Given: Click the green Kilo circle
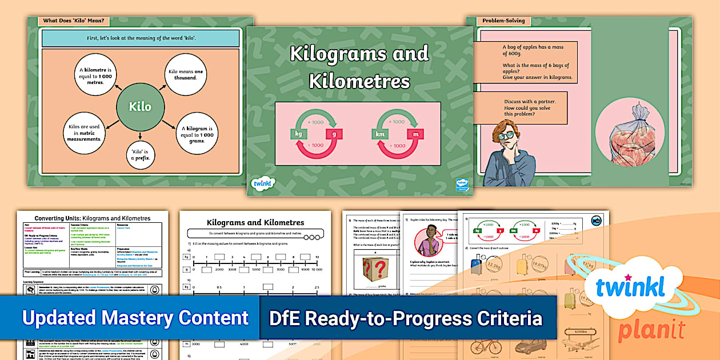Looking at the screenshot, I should point(140,107).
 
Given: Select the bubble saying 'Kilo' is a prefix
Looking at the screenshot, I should point(140,155).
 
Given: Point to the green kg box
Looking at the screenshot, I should point(298,134).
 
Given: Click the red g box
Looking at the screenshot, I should point(334,134).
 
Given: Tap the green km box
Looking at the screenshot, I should point(381,134).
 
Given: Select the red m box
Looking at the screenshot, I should point(417,134).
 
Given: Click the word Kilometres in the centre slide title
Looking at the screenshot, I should point(359,82).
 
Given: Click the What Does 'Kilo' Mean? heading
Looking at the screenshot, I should point(74,21).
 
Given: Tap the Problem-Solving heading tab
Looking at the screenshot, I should point(499,21).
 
